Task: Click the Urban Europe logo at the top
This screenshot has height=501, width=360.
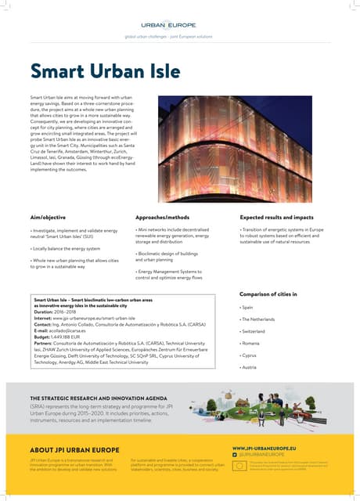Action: [x=179, y=26]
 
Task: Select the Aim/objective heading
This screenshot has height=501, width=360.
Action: [x=48, y=215]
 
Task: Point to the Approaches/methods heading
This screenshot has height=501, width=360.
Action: [x=163, y=215]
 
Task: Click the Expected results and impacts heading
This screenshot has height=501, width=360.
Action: [x=276, y=215]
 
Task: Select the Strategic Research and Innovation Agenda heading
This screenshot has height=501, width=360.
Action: [x=96, y=398]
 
